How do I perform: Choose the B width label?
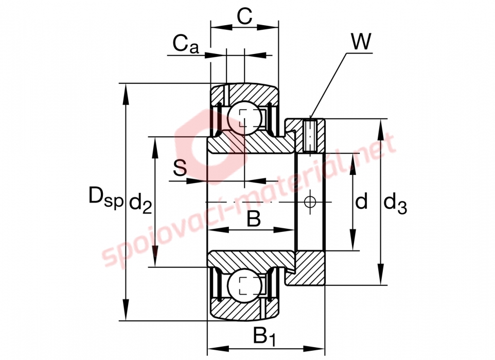point(254,219)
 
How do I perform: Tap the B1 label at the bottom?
point(264,337)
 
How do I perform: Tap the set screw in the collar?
point(310,135)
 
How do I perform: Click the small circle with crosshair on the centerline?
point(310,202)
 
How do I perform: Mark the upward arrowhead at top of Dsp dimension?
point(126,94)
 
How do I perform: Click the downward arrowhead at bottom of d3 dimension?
point(381,275)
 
